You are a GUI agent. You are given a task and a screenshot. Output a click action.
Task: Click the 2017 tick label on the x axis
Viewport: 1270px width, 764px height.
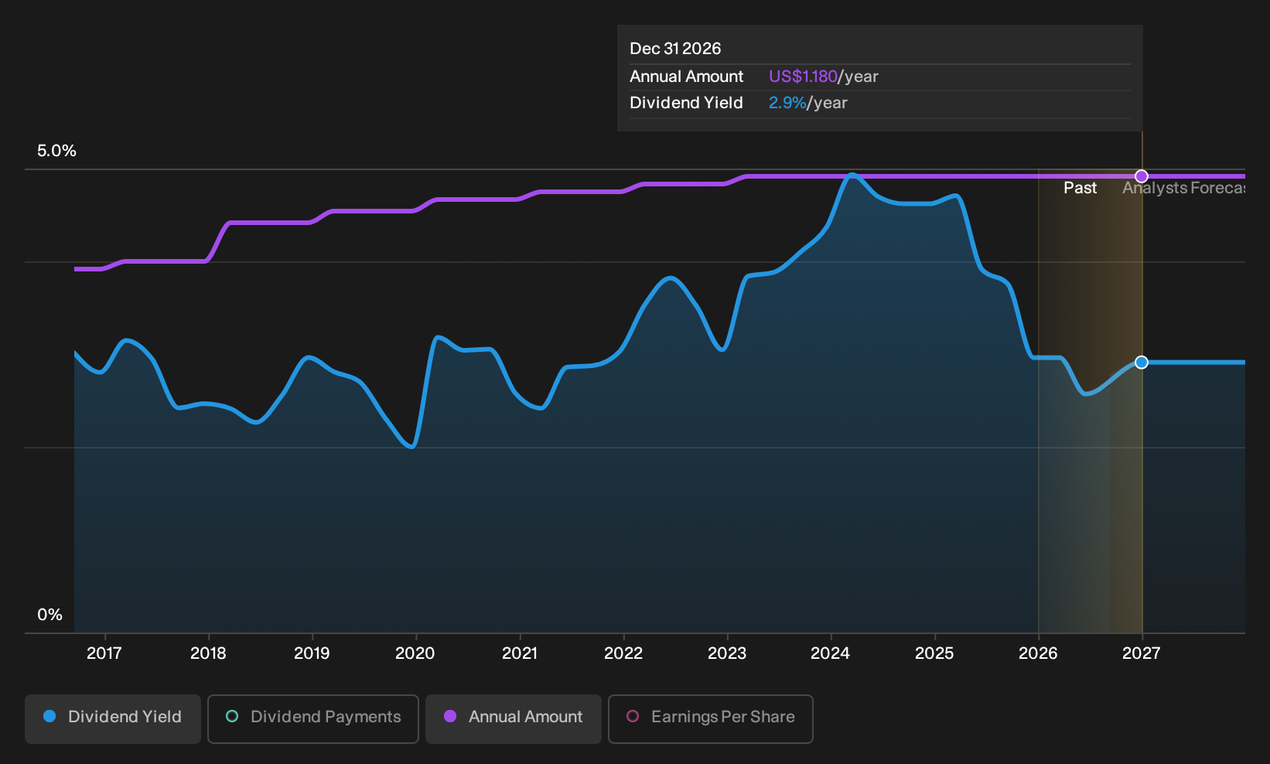tap(104, 653)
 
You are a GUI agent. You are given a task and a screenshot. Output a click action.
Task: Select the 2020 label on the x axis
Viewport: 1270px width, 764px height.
tap(415, 653)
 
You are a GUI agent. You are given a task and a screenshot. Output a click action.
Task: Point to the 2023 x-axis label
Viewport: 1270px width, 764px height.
tap(727, 653)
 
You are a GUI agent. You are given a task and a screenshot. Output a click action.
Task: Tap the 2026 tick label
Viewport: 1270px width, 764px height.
tap(1038, 653)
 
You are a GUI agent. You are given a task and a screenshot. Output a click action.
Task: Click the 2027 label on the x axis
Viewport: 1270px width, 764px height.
tap(1142, 653)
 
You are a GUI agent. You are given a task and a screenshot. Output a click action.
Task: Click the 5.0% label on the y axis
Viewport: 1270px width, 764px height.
tap(56, 151)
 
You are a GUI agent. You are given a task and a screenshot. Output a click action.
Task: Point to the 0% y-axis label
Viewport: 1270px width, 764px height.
tap(50, 615)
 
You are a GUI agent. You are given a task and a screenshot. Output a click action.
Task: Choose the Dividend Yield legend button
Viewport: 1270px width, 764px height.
tap(113, 718)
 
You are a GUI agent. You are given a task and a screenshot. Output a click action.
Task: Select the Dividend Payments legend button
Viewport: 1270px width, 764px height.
tap(313, 718)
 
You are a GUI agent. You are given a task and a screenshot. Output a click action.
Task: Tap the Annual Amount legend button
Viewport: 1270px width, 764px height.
tap(513, 718)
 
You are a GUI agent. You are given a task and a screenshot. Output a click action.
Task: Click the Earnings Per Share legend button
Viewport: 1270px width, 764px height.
tap(710, 718)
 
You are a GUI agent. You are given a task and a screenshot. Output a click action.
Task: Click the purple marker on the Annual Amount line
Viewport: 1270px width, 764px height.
tap(1142, 176)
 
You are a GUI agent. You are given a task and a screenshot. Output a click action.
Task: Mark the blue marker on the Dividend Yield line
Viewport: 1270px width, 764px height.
tap(1142, 362)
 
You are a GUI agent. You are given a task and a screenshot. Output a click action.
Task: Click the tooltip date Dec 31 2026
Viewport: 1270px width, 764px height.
tap(675, 49)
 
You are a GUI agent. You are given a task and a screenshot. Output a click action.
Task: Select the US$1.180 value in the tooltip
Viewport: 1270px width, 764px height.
tap(803, 76)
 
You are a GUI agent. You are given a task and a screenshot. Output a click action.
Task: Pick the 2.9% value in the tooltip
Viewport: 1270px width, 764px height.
tap(787, 103)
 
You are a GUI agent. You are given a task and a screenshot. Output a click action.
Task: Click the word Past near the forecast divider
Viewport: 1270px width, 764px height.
tap(1080, 188)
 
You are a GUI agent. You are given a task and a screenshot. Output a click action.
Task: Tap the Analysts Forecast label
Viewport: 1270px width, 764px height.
tap(1184, 188)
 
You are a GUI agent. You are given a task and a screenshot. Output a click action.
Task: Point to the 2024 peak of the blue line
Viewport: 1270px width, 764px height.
tap(852, 175)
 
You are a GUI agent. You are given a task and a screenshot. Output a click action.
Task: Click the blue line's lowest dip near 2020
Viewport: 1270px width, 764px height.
tap(412, 447)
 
